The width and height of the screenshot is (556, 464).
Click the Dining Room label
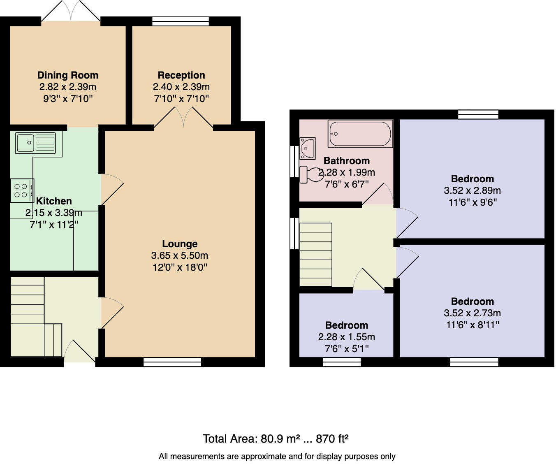click(68, 75)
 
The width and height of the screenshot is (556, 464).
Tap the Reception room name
click(181, 75)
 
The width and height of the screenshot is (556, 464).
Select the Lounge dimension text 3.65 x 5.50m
click(180, 255)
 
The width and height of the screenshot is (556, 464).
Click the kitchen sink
click(35, 142)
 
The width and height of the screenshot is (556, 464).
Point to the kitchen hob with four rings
click(21, 190)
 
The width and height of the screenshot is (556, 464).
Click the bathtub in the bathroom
click(360, 134)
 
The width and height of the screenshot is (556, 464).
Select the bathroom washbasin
click(308, 148)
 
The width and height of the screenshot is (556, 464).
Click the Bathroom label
click(347, 161)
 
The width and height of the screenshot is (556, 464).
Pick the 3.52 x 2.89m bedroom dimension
click(472, 190)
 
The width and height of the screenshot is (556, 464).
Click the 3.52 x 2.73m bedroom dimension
click(472, 313)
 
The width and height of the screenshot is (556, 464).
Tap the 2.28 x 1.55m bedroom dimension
click(346, 337)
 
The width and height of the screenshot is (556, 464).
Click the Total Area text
click(276, 439)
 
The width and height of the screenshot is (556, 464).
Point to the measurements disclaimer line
click(277, 456)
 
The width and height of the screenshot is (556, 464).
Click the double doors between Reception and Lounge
click(183, 118)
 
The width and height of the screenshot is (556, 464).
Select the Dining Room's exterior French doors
click(71, 12)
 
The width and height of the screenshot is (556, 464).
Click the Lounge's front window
click(172, 362)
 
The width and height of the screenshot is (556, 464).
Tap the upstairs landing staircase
click(316, 255)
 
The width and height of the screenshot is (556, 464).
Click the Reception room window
click(180, 21)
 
